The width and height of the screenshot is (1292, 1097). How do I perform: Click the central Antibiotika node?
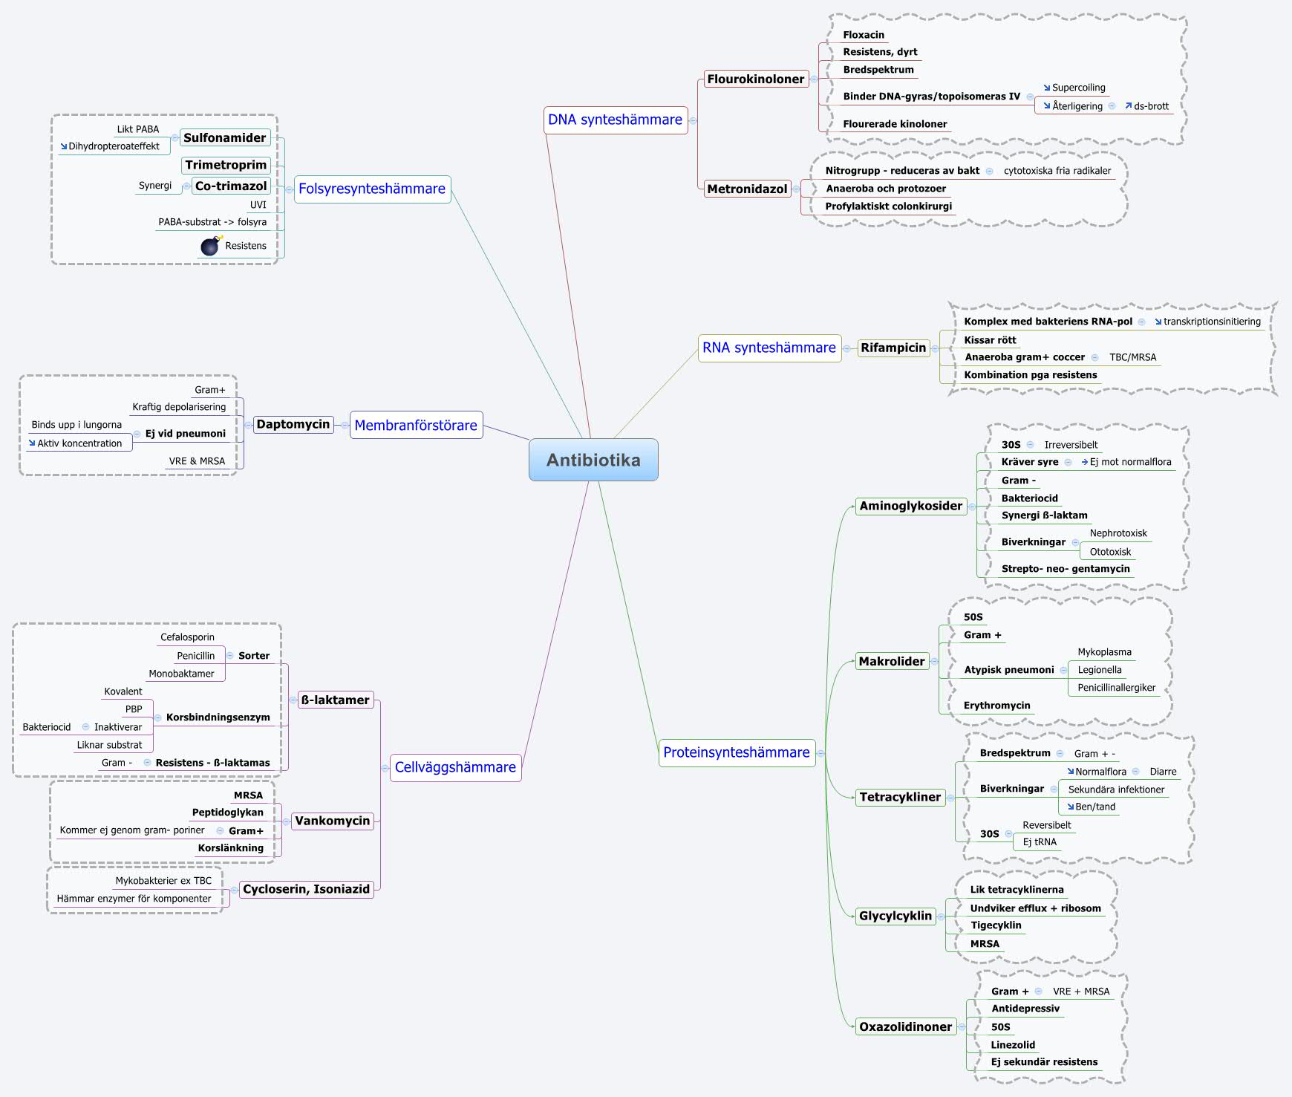(x=593, y=460)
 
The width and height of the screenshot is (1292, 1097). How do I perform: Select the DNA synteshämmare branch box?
(x=615, y=120)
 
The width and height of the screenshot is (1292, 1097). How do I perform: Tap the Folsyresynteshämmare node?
(x=372, y=189)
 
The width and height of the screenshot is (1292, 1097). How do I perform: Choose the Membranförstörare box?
(x=416, y=425)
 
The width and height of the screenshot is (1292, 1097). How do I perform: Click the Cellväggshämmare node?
(x=455, y=767)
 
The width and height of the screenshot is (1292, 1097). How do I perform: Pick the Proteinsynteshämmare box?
(x=737, y=752)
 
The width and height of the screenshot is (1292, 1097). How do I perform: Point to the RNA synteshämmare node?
(x=769, y=348)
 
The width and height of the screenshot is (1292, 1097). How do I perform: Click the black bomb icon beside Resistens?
(x=211, y=246)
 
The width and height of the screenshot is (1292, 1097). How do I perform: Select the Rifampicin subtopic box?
(x=893, y=348)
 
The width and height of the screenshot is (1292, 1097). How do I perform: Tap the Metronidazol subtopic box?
(x=747, y=189)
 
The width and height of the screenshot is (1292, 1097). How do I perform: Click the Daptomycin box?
(x=293, y=424)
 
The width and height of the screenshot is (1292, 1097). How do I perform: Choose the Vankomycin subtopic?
(x=332, y=821)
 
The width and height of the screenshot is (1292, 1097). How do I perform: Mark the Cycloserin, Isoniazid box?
(x=306, y=889)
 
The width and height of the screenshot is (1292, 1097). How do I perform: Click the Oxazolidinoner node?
(x=905, y=1026)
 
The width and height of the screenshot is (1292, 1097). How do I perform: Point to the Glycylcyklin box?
(x=895, y=916)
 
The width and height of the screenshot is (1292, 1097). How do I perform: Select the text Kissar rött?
(x=990, y=340)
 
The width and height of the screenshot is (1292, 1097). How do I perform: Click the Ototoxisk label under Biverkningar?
(x=1110, y=552)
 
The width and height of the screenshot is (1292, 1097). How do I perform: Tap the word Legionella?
(x=1100, y=670)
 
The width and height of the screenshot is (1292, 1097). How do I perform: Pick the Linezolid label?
(x=1013, y=1045)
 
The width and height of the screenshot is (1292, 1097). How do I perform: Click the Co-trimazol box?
(x=231, y=186)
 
